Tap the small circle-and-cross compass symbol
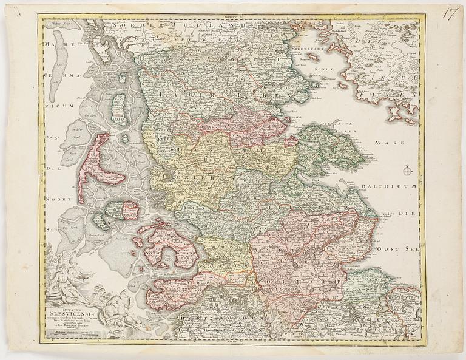pos(407,171)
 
